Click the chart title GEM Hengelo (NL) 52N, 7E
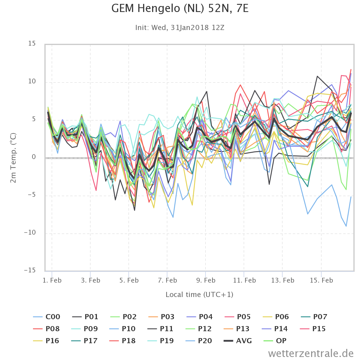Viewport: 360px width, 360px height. click(x=180, y=9)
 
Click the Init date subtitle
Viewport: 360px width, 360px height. click(x=180, y=28)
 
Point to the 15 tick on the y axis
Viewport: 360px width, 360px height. click(x=32, y=43)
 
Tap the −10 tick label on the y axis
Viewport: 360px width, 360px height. click(x=30, y=232)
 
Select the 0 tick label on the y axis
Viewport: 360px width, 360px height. click(x=34, y=157)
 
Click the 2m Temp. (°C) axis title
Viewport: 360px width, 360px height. click(x=13, y=158)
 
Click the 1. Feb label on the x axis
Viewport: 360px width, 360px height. click(x=52, y=280)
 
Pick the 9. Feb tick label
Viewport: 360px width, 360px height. click(x=206, y=280)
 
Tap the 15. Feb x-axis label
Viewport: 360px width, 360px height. click(x=321, y=280)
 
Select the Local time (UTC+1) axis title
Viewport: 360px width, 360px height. click(x=199, y=295)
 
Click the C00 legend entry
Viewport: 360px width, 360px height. click(x=46, y=317)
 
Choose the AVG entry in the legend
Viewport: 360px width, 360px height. click(x=238, y=341)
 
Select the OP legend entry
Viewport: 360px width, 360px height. click(x=275, y=341)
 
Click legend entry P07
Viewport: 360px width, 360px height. click(x=314, y=317)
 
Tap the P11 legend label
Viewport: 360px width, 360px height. click(x=160, y=329)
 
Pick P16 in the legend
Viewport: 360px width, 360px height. click(x=46, y=341)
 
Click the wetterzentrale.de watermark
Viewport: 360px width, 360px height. click(x=311, y=353)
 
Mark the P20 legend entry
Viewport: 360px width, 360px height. click(x=199, y=341)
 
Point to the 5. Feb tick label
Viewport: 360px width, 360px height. click(x=129, y=280)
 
